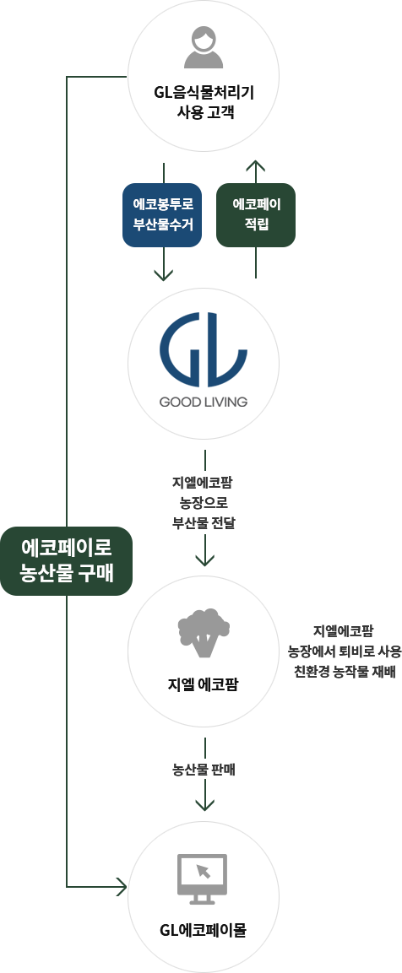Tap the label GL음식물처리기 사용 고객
click(204, 104)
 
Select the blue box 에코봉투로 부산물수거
click(163, 214)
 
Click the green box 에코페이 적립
click(255, 214)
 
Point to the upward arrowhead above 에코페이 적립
click(255, 165)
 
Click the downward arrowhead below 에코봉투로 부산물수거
click(163, 275)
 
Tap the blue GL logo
click(204, 349)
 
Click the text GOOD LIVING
click(204, 402)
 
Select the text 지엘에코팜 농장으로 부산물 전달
click(204, 502)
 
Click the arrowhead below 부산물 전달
click(204, 559)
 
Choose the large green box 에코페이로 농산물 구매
click(66, 561)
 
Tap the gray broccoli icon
click(204, 632)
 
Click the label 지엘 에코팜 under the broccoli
click(204, 685)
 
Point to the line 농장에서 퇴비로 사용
click(345, 651)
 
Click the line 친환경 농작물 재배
click(345, 672)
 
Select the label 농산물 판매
click(204, 770)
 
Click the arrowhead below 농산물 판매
click(204, 804)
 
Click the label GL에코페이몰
click(204, 931)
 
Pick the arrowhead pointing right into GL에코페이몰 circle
click(122, 887)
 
